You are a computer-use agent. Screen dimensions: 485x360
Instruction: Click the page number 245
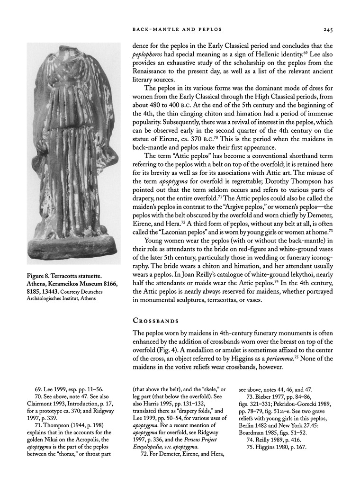point(328,29)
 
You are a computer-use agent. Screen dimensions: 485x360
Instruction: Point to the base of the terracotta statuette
point(73,249)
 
